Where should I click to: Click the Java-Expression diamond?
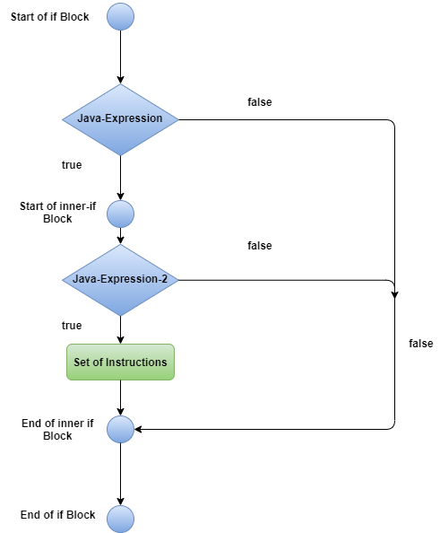click(120, 119)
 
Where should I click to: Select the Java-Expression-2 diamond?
click(120, 280)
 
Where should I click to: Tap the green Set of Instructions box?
click(120, 362)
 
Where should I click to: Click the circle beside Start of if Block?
click(120, 17)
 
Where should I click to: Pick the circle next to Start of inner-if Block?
click(120, 214)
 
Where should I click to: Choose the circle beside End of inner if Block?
click(120, 429)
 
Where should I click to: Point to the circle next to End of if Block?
click(120, 519)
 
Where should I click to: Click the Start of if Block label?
click(50, 17)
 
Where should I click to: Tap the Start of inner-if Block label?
click(57, 213)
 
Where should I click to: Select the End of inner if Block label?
click(57, 429)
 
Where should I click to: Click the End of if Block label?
click(57, 515)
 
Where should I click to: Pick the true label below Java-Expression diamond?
click(72, 165)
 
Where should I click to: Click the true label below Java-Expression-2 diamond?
click(72, 326)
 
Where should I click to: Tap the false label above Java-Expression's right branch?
click(260, 102)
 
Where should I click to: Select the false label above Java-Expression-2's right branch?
click(260, 246)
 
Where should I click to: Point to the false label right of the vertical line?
click(421, 344)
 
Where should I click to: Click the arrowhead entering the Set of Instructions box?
click(120, 340)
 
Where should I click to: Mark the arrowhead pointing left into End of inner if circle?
click(139, 429)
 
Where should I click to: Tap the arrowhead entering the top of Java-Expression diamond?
click(120, 80)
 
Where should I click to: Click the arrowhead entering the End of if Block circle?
click(120, 501)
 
